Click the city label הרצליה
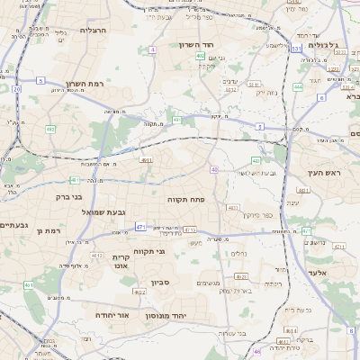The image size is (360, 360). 94,30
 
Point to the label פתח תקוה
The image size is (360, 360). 186,199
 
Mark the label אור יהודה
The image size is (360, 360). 112,316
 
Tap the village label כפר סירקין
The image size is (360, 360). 257,215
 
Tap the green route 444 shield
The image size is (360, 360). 297,87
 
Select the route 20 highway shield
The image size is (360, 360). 16,89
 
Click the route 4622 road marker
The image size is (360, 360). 139,292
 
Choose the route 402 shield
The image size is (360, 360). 200,56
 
